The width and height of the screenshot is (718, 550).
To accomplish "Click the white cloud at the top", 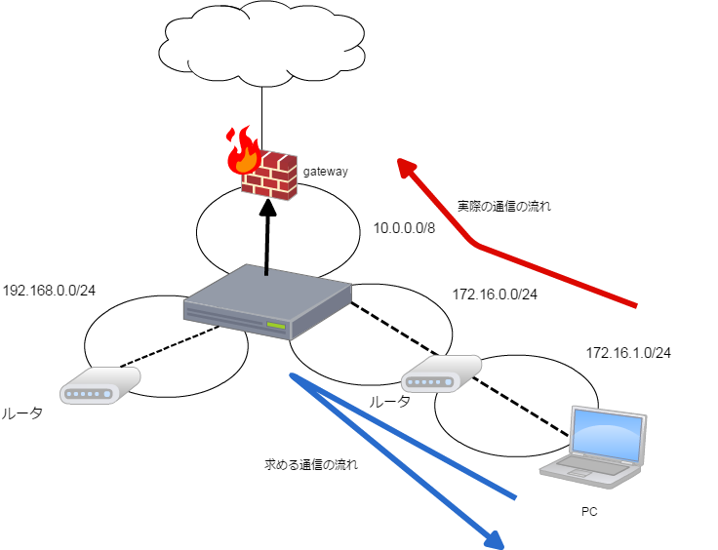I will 261,44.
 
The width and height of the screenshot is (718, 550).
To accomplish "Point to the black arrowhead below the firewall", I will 267,208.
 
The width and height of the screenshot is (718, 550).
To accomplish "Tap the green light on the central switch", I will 276,325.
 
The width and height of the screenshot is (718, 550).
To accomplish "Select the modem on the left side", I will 99,385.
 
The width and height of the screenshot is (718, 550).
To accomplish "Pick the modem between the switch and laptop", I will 440,373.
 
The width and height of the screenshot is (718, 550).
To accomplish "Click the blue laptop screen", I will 607,433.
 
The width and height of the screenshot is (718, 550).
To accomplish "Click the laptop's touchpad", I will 578,475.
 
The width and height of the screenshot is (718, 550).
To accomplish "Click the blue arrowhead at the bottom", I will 495,539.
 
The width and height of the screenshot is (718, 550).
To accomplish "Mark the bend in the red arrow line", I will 475,244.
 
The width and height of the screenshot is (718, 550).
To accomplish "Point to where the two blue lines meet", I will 293,375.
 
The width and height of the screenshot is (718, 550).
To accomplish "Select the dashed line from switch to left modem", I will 166,347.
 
